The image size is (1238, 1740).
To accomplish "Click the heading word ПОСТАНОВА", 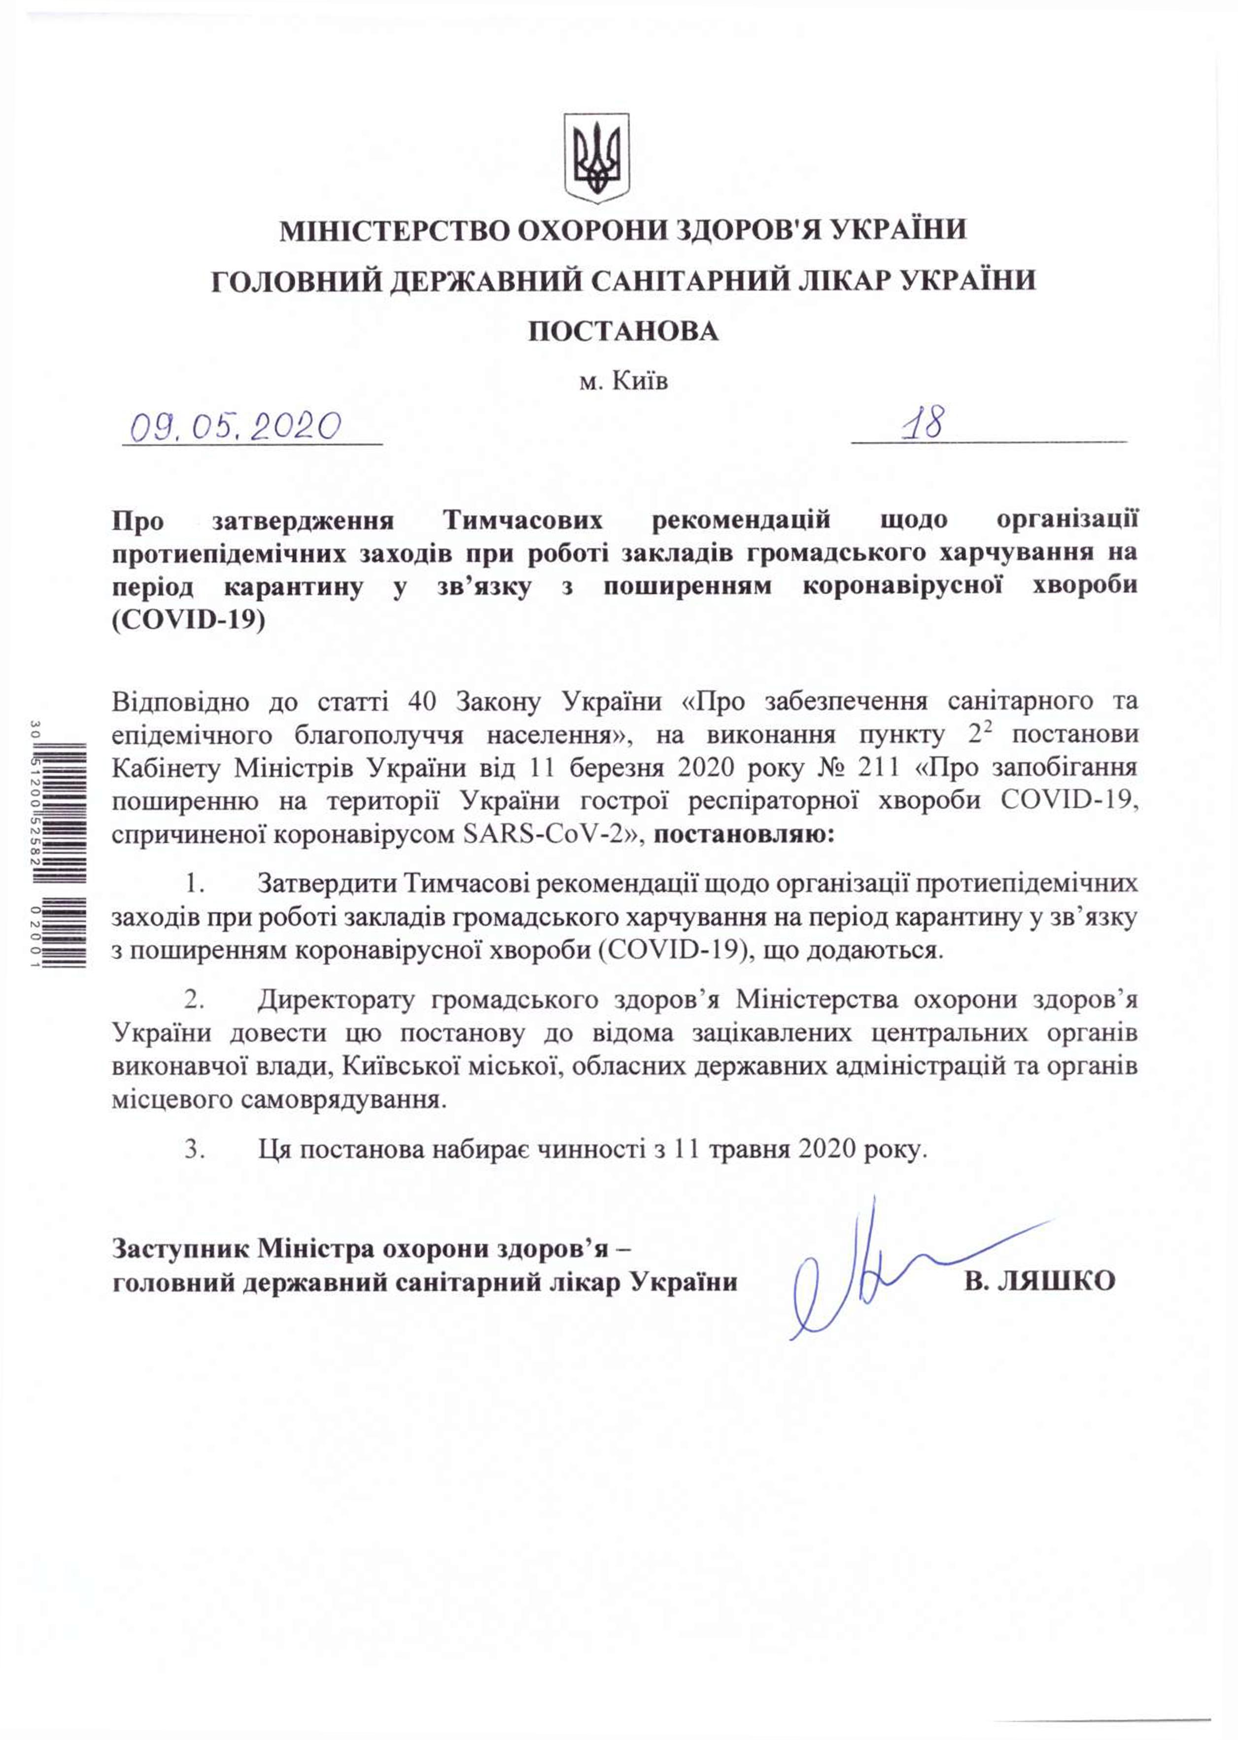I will (x=623, y=332).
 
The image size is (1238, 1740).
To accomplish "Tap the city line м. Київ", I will (x=623, y=381).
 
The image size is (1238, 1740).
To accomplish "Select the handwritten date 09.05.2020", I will (x=235, y=428).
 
